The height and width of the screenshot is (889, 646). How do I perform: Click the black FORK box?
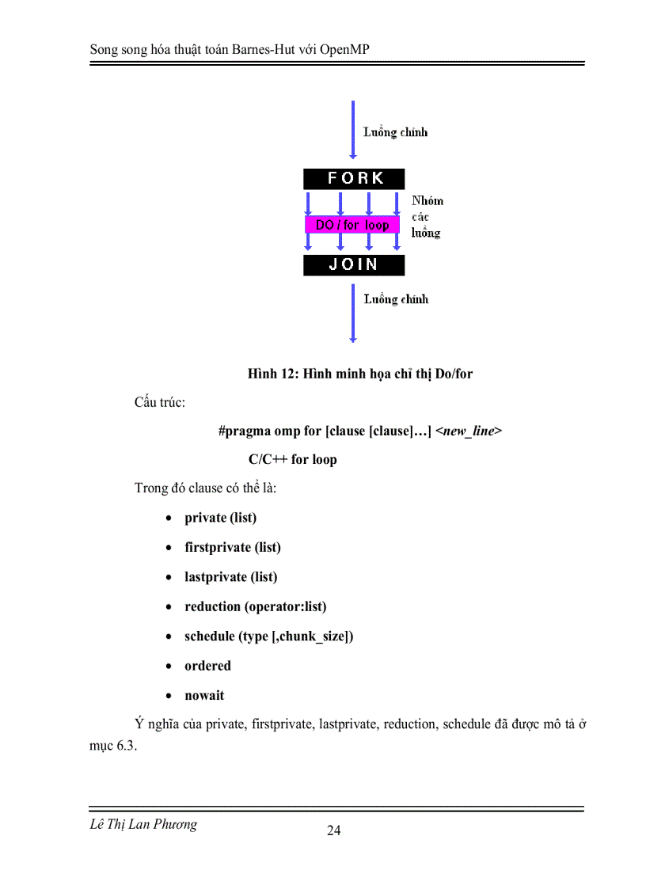tap(354, 178)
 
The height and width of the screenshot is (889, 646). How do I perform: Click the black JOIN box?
tap(354, 264)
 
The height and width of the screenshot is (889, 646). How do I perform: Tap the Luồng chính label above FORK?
tap(395, 132)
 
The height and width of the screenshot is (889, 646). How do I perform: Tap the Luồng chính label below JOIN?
tap(396, 299)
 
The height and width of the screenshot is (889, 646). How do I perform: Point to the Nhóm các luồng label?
tap(427, 217)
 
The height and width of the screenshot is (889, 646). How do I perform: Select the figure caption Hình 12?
tap(359, 373)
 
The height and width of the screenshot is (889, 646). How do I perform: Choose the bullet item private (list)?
tap(220, 518)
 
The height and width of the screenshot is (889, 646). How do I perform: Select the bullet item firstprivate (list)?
tap(233, 547)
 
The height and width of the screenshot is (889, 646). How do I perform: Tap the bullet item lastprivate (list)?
tap(231, 577)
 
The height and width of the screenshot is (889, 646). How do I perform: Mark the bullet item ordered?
tap(208, 666)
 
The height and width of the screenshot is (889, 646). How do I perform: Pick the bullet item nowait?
tap(204, 696)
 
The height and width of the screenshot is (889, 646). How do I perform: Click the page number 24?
tap(333, 830)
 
